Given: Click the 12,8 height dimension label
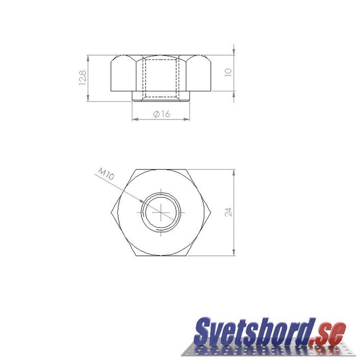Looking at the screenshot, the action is [x=82, y=78].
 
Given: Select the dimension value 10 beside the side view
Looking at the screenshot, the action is [x=228, y=73].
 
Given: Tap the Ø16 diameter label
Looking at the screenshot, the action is [x=161, y=114].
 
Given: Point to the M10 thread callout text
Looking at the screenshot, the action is [x=106, y=174].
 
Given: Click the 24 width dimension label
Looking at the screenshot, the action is [x=228, y=212].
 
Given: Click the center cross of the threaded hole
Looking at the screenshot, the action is [x=161, y=212].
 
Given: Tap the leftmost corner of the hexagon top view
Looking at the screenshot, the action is [x=111, y=212].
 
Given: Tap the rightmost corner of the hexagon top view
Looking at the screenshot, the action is [x=211, y=212].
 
